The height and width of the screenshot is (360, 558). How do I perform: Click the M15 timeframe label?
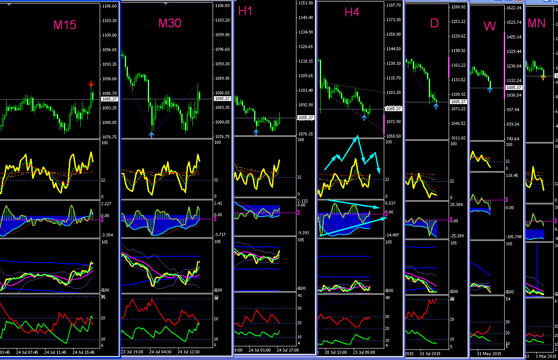click(65, 25)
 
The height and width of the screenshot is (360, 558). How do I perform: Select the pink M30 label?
click(170, 23)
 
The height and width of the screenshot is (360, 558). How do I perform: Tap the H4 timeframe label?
click(352, 12)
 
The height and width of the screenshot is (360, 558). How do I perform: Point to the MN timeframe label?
click(536, 23)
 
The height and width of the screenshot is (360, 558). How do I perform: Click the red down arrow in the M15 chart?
click(91, 84)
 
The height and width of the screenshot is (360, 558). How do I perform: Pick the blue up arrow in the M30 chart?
click(152, 135)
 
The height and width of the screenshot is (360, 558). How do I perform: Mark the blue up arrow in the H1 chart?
click(256, 131)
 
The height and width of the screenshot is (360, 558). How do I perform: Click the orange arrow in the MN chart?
click(543, 77)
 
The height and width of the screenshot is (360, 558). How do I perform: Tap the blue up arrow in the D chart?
click(436, 106)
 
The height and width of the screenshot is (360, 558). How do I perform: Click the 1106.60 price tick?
click(109, 6)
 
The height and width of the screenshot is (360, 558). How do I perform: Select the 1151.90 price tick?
click(306, 3)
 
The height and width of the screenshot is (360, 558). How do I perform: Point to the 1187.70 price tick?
click(393, 5)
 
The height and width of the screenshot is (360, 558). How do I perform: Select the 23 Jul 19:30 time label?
click(132, 352)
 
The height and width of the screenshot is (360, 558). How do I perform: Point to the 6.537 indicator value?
click(390, 203)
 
